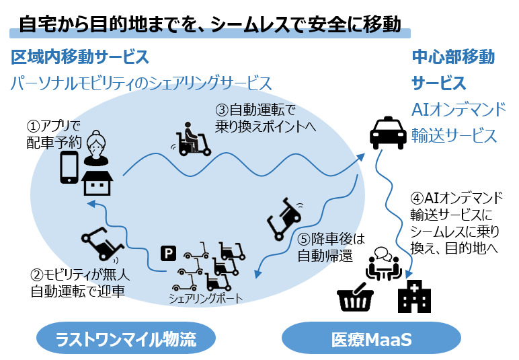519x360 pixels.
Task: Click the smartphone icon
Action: click(69, 168)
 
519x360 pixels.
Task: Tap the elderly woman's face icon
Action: click(96, 147)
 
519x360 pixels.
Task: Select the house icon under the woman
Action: click(97, 183)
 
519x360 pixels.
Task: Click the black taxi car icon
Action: click(388, 133)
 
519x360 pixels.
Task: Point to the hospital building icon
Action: click(414, 296)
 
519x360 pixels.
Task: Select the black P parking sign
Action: click(169, 254)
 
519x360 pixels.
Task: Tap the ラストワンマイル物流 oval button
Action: click(126, 339)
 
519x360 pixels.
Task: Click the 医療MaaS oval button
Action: click(371, 339)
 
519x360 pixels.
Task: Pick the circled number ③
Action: click(222, 110)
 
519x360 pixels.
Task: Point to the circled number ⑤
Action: click(304, 239)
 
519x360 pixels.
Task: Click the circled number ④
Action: click(417, 199)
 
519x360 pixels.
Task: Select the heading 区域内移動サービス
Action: click(80, 57)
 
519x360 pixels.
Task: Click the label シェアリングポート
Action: click(206, 298)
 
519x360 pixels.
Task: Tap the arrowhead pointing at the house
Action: click(91, 203)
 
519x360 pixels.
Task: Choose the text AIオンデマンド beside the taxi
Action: click(458, 110)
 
